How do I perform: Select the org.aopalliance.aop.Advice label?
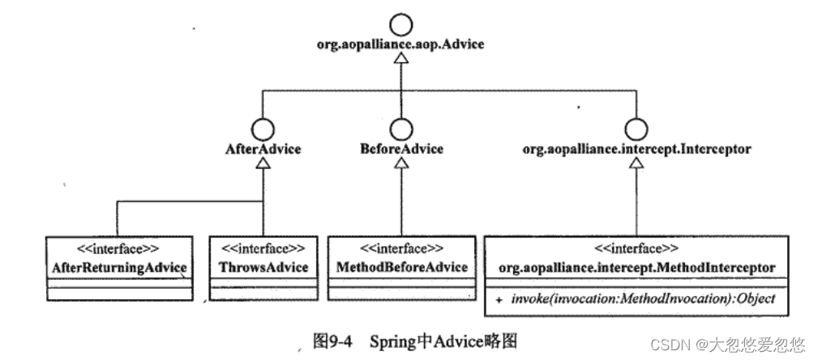400,45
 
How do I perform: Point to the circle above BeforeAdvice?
400,128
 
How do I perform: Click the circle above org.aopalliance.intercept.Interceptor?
636,128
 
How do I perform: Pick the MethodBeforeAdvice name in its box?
400,267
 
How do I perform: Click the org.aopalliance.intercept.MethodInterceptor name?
636,267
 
